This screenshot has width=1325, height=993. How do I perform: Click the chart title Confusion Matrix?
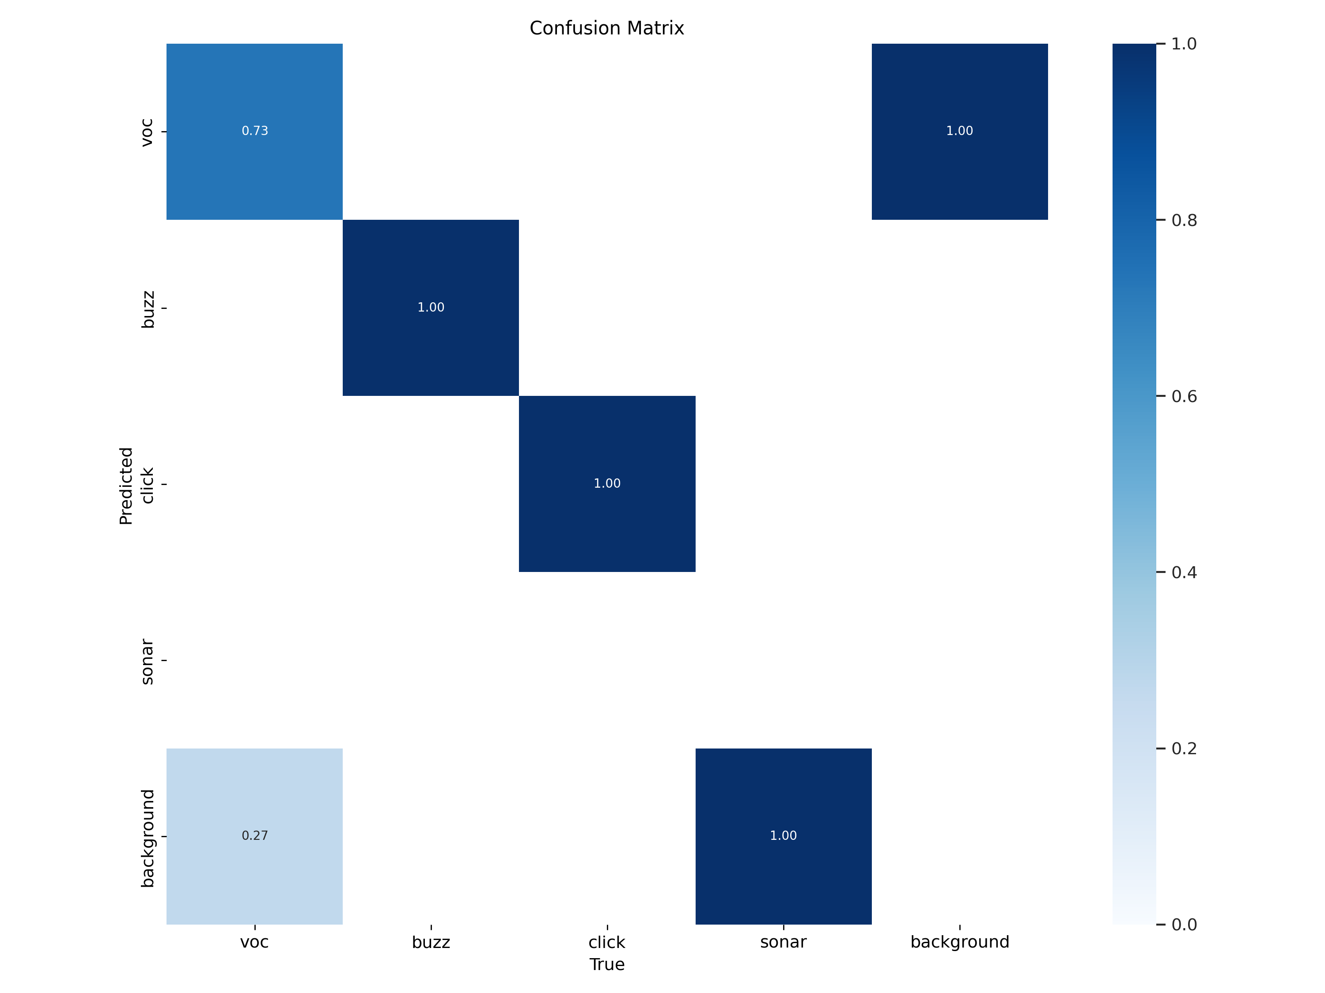[x=606, y=28]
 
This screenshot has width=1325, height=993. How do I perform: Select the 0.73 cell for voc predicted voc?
[x=254, y=131]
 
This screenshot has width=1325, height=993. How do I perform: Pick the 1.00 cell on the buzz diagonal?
[x=431, y=308]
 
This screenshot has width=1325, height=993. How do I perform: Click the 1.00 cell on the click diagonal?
[x=607, y=484]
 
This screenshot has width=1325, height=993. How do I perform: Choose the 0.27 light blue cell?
[x=254, y=835]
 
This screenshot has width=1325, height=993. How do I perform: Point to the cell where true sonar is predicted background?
[x=783, y=835]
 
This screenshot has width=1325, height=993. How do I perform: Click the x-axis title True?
[x=607, y=964]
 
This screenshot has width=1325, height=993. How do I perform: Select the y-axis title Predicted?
[x=126, y=485]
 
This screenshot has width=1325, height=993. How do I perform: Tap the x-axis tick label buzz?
[x=431, y=942]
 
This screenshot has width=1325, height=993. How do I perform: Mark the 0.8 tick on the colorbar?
[x=1184, y=220]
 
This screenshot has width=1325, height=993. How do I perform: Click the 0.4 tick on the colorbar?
[x=1184, y=573]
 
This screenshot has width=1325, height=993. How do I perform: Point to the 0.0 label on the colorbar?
[x=1184, y=925]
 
